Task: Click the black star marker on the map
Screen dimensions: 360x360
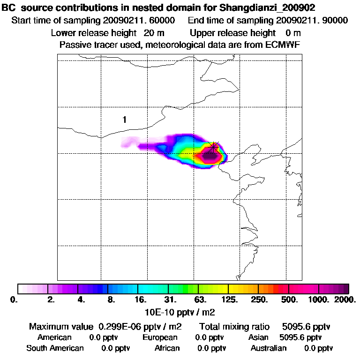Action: click(214, 147)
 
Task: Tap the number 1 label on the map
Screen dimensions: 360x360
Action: click(124, 120)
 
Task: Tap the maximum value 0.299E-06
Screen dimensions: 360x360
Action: click(122, 326)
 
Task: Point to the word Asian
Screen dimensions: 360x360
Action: click(258, 337)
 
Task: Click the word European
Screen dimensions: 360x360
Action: click(160, 337)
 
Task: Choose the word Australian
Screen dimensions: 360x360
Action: click(269, 348)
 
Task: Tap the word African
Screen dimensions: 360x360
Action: click(167, 348)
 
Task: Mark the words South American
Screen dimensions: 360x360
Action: click(55, 348)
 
